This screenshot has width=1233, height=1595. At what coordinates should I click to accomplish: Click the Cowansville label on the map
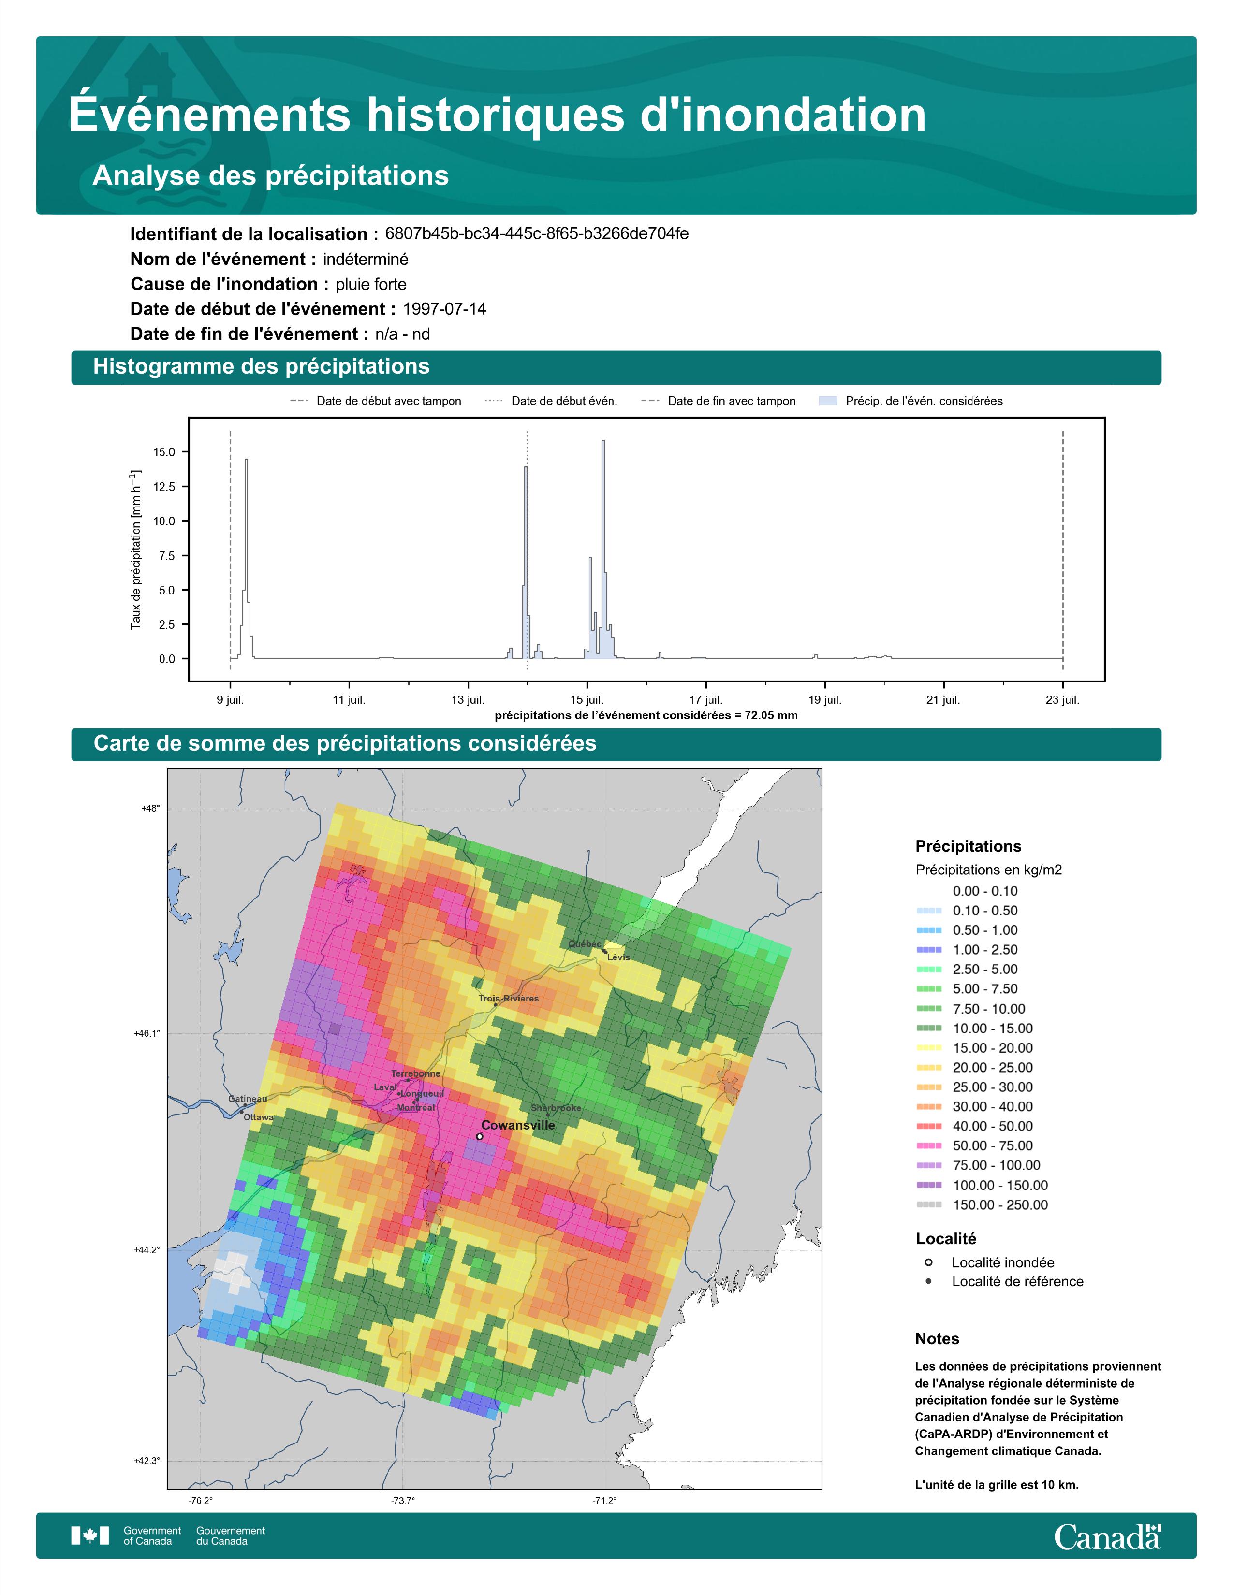(518, 1125)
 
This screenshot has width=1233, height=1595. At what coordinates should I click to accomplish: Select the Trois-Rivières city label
(509, 999)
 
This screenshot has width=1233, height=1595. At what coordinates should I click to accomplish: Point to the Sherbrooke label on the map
(556, 1108)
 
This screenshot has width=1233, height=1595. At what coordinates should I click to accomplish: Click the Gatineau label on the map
(248, 1099)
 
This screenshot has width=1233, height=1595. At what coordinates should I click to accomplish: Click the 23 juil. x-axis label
(1062, 700)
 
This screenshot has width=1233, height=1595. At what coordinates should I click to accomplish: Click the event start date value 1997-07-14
(444, 309)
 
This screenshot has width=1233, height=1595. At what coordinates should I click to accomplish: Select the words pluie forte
(371, 284)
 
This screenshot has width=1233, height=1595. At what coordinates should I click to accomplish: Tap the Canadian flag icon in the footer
(90, 1536)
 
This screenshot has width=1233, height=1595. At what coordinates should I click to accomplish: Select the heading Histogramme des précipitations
(262, 367)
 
